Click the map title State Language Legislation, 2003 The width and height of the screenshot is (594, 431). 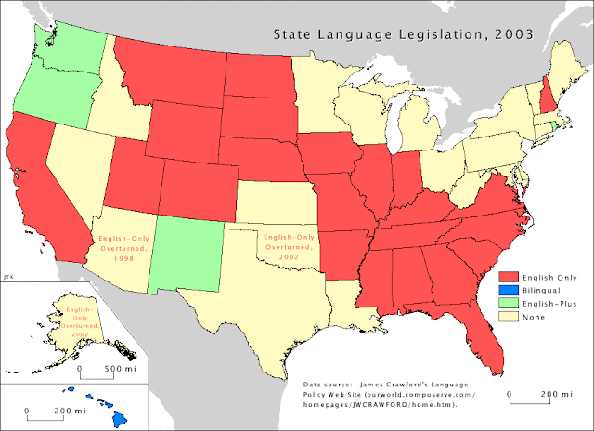[402, 35]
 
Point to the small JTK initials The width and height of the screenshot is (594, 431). [7, 276]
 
